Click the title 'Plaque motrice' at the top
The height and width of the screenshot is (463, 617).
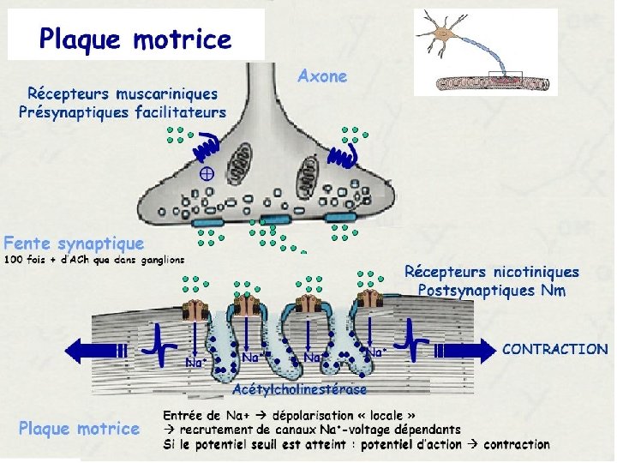pyautogui.click(x=135, y=39)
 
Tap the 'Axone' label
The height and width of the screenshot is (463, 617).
pyautogui.click(x=322, y=76)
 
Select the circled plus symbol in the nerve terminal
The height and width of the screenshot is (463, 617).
pyautogui.click(x=206, y=173)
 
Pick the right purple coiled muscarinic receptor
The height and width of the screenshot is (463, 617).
pyautogui.click(x=344, y=154)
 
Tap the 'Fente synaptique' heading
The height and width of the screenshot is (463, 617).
pyautogui.click(x=74, y=244)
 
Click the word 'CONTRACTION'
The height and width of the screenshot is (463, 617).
pyautogui.click(x=554, y=350)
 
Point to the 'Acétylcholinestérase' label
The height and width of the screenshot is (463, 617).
pyautogui.click(x=299, y=389)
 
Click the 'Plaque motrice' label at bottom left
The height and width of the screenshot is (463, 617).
pyautogui.click(x=79, y=428)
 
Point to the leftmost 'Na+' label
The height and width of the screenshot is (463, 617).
pyautogui.click(x=196, y=363)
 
